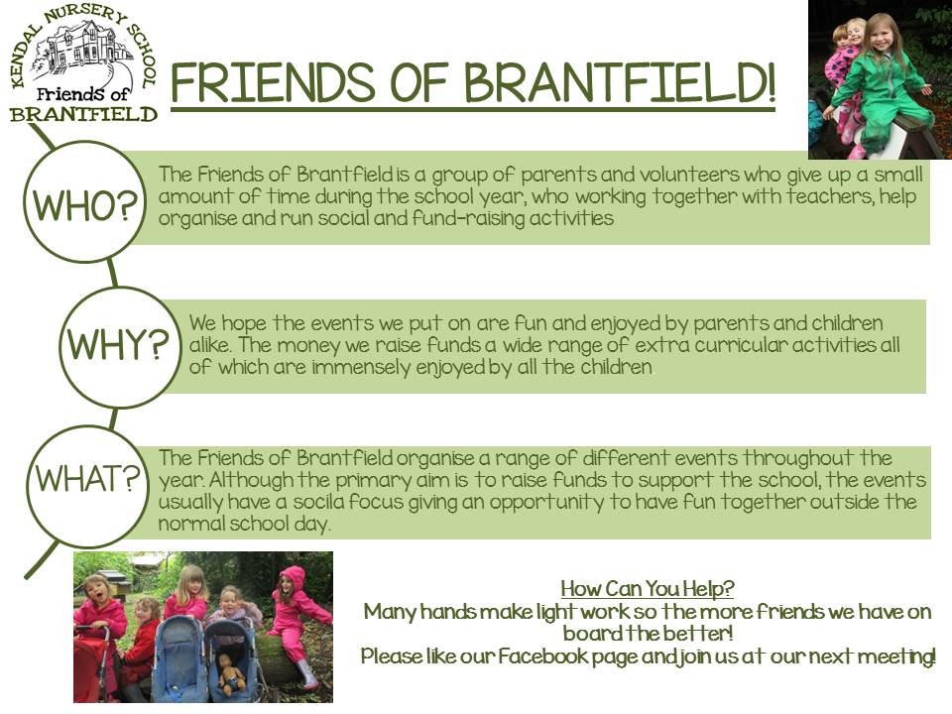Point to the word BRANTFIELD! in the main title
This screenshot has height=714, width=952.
(620, 82)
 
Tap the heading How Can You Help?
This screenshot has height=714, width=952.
(648, 588)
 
